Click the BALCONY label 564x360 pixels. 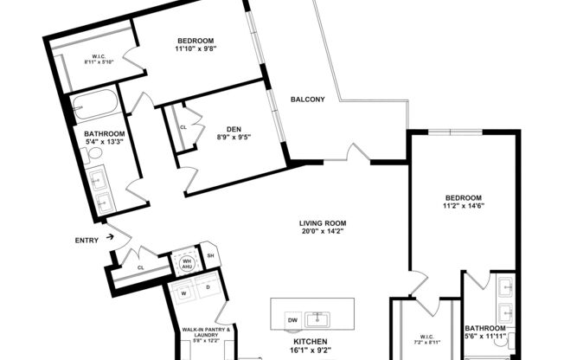click(307, 100)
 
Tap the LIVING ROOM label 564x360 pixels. click(323, 223)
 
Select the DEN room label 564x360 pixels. click(234, 129)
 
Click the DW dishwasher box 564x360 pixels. click(292, 319)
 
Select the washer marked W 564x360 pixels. click(184, 292)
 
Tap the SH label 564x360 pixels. click(210, 256)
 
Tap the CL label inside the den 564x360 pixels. click(183, 127)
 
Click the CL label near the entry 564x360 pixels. click(140, 268)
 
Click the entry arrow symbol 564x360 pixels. click(111, 234)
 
